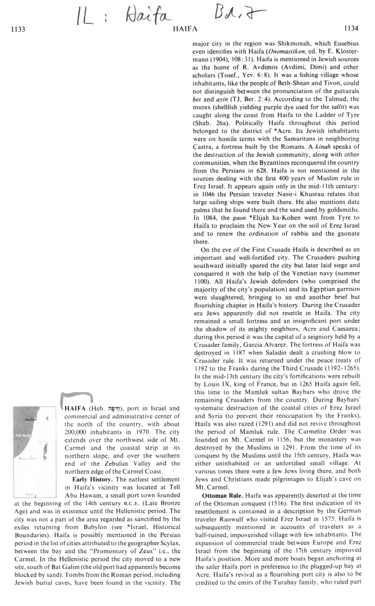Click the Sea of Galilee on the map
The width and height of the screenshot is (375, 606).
click(x=47, y=419)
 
